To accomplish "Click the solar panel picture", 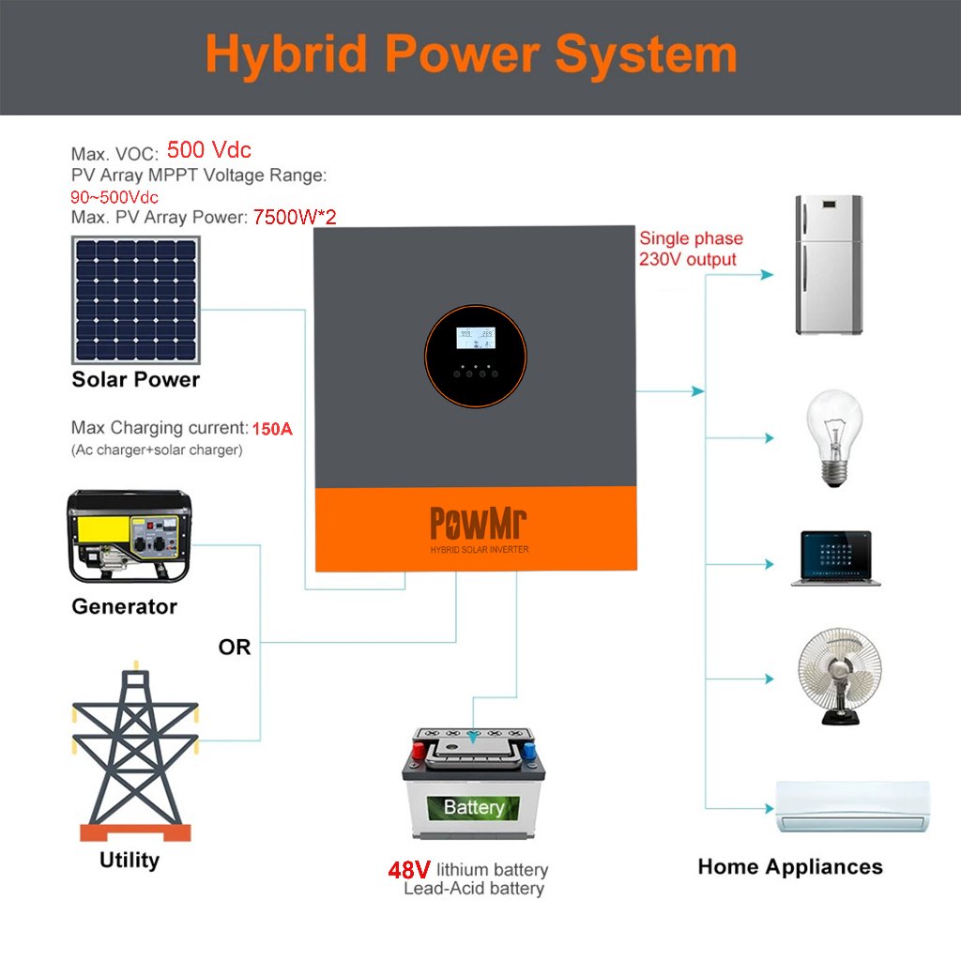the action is point(136,299).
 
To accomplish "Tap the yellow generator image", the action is point(130,536).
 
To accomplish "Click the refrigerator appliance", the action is point(829,265).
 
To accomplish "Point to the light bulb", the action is point(834,438).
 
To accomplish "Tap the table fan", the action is point(840,676).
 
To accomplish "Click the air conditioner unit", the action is point(853,806).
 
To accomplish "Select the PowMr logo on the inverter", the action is point(478,523).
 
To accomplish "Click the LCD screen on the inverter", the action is point(476,338).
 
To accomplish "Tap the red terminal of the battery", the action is point(419,750).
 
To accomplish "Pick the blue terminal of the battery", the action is point(529,750).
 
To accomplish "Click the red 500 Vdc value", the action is point(209,150).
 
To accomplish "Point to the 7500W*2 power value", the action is point(295,217).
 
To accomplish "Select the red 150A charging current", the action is point(272,428).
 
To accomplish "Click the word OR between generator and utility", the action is point(234,648).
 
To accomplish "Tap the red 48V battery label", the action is point(409,870).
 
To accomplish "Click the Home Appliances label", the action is point(790,867).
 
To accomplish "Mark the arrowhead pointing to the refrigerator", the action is point(767,275).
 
